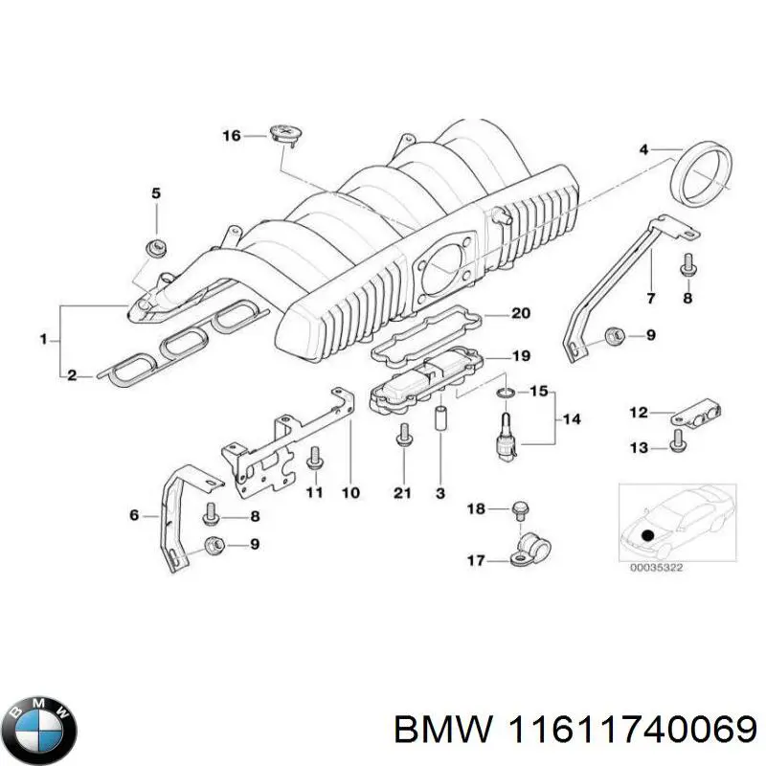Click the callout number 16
point(232,136)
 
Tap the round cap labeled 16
point(285,134)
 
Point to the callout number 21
point(402,493)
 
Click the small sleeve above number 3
point(441,421)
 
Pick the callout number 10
point(349,493)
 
